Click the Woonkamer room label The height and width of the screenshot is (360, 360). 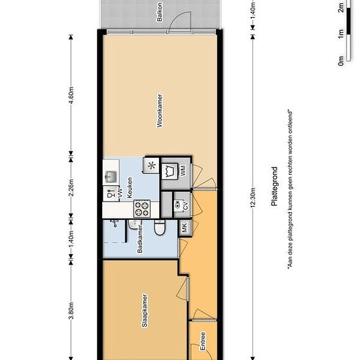click(x=160, y=111)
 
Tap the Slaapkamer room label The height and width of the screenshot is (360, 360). click(x=145, y=310)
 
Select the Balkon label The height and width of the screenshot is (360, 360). click(x=159, y=12)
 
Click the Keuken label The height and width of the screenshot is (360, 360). click(x=130, y=187)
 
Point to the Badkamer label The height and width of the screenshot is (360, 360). click(x=140, y=239)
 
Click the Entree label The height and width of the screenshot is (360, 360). click(x=203, y=341)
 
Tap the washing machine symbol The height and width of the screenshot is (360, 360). click(x=170, y=171)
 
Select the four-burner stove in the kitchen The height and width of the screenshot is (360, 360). click(x=142, y=209)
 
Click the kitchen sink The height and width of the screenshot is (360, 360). click(x=111, y=176)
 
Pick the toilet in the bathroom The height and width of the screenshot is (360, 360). click(x=160, y=228)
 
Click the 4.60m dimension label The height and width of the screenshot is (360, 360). click(x=71, y=96)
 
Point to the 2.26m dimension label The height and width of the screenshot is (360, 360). click(x=71, y=188)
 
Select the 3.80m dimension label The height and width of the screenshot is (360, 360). click(x=71, y=311)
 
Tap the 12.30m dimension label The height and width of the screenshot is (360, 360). click(x=253, y=198)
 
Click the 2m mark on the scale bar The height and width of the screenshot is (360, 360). click(x=341, y=8)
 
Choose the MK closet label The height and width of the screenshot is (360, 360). click(x=185, y=227)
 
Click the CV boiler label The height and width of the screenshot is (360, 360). click(x=185, y=206)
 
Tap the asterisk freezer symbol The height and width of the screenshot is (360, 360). click(x=152, y=166)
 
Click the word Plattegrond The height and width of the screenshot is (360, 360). click(x=274, y=186)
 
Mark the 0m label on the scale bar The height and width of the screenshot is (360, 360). click(x=341, y=61)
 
